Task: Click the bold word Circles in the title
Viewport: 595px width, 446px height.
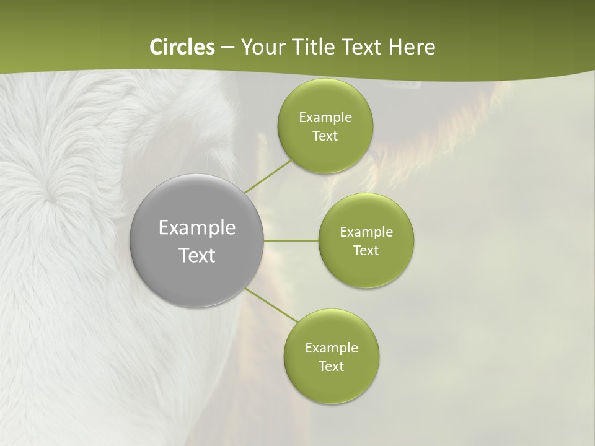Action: tap(182, 47)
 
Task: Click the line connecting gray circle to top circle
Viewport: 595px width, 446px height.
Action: tap(268, 177)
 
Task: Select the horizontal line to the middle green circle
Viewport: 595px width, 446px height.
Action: tap(291, 240)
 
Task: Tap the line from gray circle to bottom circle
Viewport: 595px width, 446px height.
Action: tap(271, 305)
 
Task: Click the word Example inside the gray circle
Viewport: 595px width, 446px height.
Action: tap(197, 228)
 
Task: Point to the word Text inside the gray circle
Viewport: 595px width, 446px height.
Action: tap(197, 255)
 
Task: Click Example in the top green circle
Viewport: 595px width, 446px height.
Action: tap(325, 118)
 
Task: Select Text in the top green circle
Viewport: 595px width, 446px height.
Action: tap(325, 136)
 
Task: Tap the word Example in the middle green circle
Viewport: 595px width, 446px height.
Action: tap(366, 232)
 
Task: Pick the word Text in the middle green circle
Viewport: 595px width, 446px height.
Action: tap(366, 251)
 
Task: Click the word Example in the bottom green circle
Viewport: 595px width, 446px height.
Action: tap(332, 348)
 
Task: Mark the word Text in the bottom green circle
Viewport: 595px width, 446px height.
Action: tap(332, 367)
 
